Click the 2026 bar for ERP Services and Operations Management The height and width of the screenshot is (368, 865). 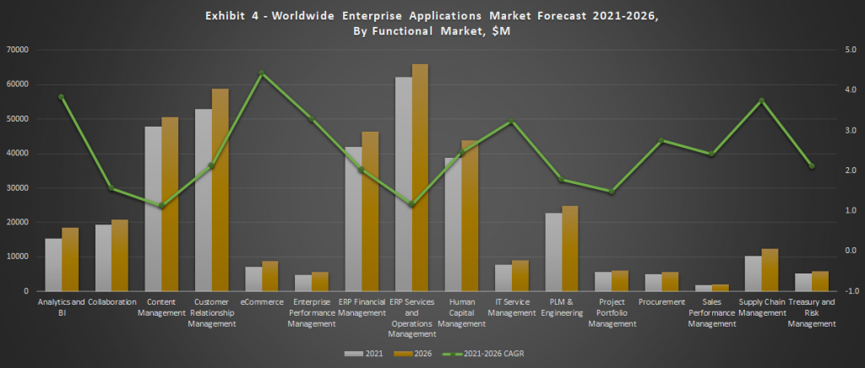(420, 177)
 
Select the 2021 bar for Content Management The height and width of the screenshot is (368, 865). (153, 208)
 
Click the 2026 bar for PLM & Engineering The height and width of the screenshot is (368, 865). (570, 248)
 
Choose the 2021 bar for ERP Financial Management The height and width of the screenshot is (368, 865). (353, 219)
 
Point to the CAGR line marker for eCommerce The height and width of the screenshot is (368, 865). (262, 73)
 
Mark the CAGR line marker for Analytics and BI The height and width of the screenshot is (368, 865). (62, 97)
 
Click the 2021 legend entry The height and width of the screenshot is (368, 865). (362, 353)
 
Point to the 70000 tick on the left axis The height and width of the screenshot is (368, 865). (18, 50)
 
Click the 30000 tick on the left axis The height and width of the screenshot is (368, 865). (18, 187)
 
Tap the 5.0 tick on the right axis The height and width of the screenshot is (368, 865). (848, 50)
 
